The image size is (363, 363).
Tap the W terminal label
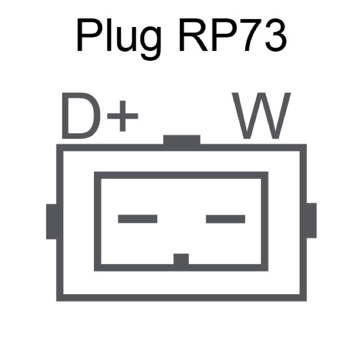(261, 116)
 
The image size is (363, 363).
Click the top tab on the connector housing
(181, 140)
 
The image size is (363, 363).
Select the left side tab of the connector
(51, 221)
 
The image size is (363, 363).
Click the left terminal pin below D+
(137, 219)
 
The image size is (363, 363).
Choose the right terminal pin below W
(226, 219)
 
